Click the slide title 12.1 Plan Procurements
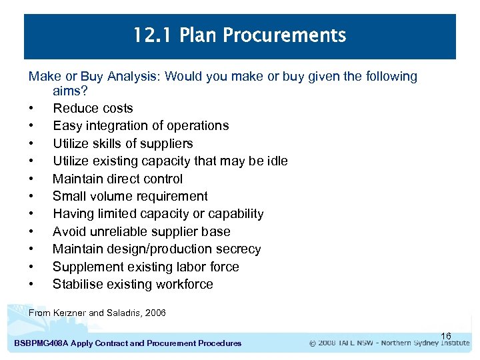point(240,35)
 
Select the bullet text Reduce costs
point(93,108)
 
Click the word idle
point(276,161)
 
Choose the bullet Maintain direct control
point(117,179)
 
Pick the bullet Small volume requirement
point(130,196)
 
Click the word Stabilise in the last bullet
point(77,284)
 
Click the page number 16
point(446,335)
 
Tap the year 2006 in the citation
point(155,313)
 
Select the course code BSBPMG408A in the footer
point(44,343)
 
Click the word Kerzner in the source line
point(69,313)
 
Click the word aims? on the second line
point(72,90)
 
